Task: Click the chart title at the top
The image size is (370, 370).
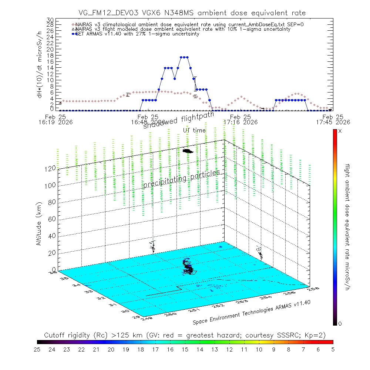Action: [x=192, y=13]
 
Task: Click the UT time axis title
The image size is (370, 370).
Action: [x=194, y=130]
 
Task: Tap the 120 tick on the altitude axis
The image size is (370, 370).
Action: [x=51, y=168]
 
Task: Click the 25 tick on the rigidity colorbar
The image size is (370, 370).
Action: [x=37, y=349]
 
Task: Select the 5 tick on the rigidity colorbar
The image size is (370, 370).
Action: [x=333, y=349]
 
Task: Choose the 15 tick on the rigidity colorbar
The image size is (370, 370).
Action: [x=185, y=349]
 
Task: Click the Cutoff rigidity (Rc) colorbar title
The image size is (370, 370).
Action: [x=185, y=335]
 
